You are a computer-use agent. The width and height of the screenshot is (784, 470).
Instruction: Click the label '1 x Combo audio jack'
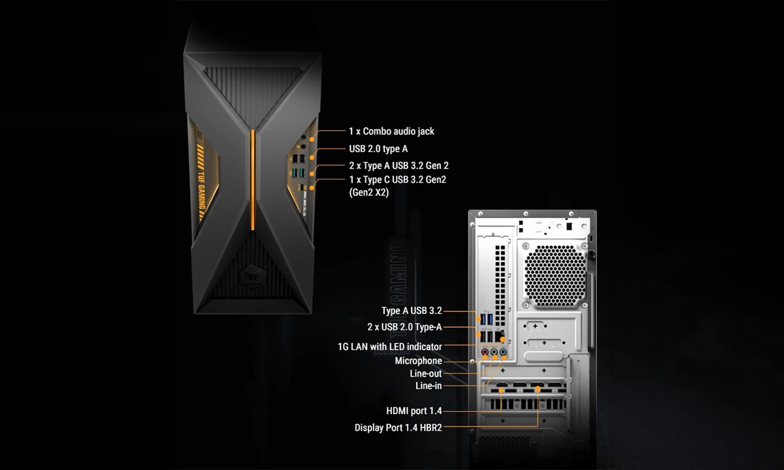pos(391,131)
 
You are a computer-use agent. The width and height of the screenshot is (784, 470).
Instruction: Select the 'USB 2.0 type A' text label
pos(378,149)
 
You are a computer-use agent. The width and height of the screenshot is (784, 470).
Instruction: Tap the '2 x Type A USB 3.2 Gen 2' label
pos(399,165)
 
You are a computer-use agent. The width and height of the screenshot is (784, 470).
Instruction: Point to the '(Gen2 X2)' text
pos(369,193)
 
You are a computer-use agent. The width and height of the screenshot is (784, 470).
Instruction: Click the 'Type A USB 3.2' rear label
pos(412,311)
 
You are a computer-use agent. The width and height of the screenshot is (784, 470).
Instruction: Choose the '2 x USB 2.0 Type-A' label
pos(404,327)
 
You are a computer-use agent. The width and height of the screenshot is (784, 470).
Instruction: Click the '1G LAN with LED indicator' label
pos(390,347)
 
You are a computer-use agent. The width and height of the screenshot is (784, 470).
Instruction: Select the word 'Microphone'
pos(419,360)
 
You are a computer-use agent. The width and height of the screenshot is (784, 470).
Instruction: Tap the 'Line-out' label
pos(426,373)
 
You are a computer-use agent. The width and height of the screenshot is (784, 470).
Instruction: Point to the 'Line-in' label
pos(429,386)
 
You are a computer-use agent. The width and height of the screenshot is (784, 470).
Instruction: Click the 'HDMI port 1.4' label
pos(414,411)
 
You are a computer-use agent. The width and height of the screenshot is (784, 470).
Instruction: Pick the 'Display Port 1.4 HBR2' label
pos(399,428)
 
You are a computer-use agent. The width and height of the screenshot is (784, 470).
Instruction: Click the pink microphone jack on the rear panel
pos(485,351)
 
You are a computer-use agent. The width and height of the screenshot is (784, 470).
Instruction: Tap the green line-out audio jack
pos(494,351)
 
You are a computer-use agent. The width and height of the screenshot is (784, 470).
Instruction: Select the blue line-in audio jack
pos(503,351)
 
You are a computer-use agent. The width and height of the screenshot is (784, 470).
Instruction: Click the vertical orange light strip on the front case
pos(253,180)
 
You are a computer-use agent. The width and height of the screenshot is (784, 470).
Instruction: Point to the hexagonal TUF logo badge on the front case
pos(253,277)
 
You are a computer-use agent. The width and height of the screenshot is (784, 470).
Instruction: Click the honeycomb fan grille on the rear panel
pos(555,276)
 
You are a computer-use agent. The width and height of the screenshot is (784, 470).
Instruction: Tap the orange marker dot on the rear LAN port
pos(502,339)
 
